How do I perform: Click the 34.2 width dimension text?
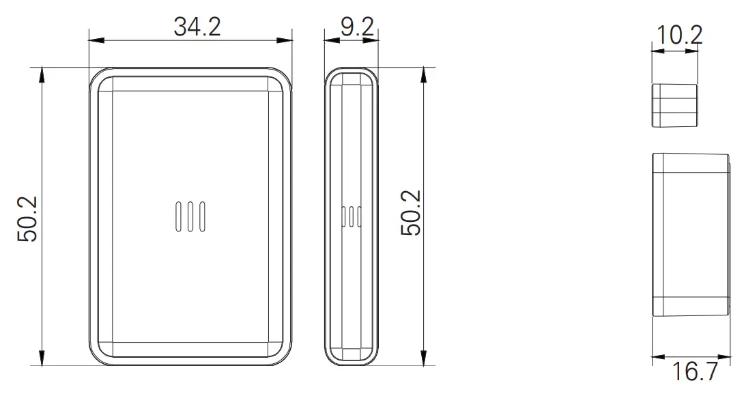point(197,27)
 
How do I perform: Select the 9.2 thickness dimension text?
point(357,27)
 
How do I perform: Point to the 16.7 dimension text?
point(695,372)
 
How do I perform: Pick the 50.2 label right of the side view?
point(411,213)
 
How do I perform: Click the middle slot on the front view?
point(190,216)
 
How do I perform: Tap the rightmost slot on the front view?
point(202,216)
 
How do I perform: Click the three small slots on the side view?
point(351,216)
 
